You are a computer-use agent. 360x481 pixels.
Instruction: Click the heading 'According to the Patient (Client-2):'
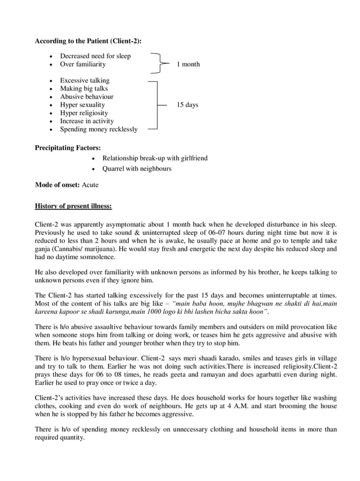click(88, 41)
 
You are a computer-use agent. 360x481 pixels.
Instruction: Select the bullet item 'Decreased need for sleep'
click(95, 56)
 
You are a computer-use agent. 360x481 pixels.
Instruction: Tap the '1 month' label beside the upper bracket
click(188, 64)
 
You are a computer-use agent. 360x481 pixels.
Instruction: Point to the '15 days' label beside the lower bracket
click(187, 105)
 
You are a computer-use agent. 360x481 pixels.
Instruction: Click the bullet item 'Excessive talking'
click(85, 81)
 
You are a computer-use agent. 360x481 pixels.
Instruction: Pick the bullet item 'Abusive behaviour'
click(87, 97)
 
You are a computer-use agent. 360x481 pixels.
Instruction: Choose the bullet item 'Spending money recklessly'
click(99, 129)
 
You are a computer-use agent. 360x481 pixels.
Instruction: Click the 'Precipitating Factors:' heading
click(68, 148)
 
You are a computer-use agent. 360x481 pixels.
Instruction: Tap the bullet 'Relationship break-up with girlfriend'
click(155, 159)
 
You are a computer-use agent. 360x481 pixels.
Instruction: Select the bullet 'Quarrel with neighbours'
click(137, 169)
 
